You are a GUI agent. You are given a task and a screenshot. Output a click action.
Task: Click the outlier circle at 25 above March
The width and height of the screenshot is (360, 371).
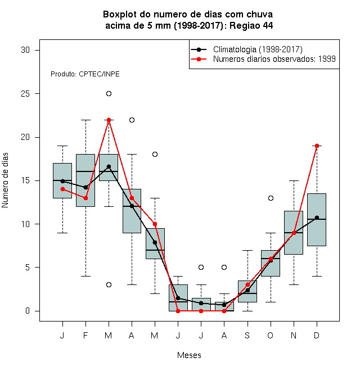[109, 94]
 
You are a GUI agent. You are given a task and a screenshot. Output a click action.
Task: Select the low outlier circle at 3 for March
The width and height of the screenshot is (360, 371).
[109, 284]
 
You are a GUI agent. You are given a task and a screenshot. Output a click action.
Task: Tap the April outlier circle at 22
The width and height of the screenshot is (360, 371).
[132, 120]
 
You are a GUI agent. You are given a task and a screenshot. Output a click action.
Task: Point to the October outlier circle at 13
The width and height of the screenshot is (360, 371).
[271, 198]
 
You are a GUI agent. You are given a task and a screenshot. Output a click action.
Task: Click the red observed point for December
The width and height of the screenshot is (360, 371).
[317, 146]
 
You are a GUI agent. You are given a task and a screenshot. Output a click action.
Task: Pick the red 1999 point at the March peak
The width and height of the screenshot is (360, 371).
[109, 120]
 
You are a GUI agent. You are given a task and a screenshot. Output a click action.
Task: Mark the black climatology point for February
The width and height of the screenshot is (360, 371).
[85, 187]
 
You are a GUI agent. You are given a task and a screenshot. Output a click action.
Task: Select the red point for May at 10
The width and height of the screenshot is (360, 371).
[155, 224]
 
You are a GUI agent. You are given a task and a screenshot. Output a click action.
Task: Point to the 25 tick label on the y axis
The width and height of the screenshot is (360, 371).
[25, 94]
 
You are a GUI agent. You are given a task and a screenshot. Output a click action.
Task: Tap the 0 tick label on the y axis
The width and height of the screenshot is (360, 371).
[28, 311]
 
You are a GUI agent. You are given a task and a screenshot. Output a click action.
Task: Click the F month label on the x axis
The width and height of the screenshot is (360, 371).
[85, 335]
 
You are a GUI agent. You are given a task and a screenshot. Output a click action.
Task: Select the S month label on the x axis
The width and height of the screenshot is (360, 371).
[247, 335]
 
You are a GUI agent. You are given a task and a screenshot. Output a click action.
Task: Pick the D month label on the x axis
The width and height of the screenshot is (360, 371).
[317, 335]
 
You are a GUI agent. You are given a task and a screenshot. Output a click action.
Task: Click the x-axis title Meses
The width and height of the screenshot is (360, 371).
[189, 355]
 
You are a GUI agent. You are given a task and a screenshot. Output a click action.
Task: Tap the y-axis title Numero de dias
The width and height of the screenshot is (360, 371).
[5, 180]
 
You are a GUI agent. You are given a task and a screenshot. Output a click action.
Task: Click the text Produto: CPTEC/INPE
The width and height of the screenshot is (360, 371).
[85, 74]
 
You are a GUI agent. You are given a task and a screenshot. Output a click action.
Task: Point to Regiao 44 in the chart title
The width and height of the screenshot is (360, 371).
[251, 25]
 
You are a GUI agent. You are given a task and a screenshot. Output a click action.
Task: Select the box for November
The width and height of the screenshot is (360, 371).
[294, 233]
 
